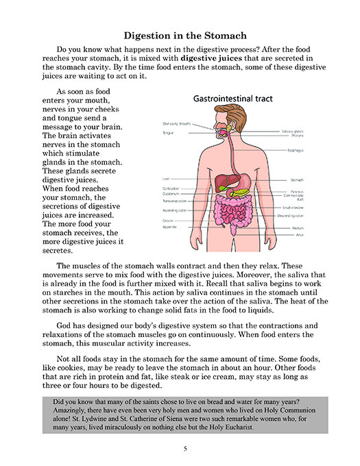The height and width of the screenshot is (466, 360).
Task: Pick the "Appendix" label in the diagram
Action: click(x=168, y=228)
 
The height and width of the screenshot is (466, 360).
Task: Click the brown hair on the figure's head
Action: click(x=233, y=114)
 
